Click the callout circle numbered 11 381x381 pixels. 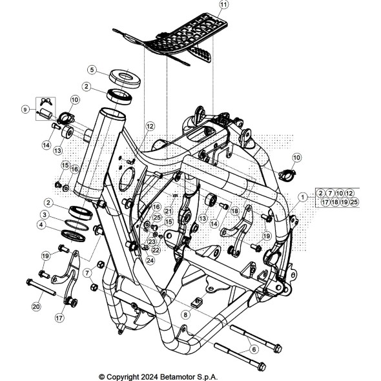223,5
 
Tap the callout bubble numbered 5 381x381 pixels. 92,70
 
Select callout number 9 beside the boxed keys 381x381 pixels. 25,110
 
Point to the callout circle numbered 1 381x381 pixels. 302,197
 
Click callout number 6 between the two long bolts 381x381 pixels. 254,349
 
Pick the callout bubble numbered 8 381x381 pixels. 185,315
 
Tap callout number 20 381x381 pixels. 36,307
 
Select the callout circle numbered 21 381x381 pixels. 169,211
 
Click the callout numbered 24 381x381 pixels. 150,260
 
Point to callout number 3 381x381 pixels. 45,215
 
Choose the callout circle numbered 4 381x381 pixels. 41,225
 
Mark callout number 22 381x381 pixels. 156,250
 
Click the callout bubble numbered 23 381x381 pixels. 152,242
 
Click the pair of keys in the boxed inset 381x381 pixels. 46,101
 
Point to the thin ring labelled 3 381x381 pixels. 77,225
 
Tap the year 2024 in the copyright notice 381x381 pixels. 149,377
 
